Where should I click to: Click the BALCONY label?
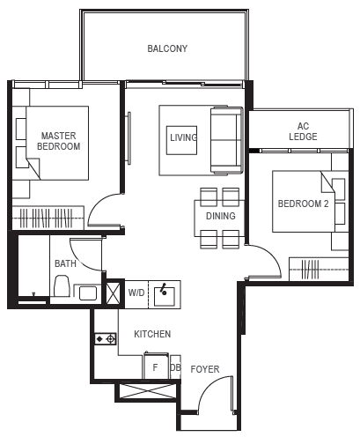pos(167,48)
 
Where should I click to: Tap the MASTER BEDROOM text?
pos(59,141)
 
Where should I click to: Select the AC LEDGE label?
pos(303,131)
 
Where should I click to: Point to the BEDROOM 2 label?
pos(303,204)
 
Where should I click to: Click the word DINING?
pos(221,216)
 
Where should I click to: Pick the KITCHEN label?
pos(152,334)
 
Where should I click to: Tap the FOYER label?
pos(205,369)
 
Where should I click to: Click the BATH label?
pos(65,263)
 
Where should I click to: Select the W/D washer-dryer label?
pos(136,293)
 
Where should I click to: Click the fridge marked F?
pos(156,366)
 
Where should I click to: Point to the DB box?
pos(175,367)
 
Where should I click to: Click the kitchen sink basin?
pos(165,295)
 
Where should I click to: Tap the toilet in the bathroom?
pos(62,285)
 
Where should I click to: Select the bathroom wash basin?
pos(88,293)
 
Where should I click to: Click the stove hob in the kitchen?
pos(106,339)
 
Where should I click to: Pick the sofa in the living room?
pos(226,141)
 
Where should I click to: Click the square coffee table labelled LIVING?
pos(181,140)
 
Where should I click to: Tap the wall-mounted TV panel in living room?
pos(129,138)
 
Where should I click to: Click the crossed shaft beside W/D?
pos(113,293)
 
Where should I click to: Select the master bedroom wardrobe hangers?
pos(47,218)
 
